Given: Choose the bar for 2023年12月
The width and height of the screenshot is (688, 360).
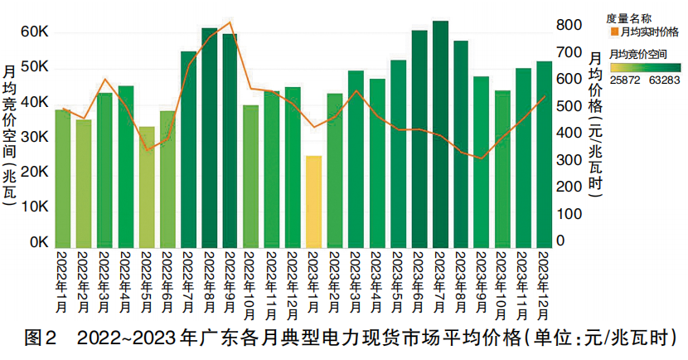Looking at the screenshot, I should click(x=545, y=154).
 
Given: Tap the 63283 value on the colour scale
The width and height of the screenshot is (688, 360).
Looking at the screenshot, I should click(x=666, y=80).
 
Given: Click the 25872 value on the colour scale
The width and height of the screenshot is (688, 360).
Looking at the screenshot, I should click(x=624, y=80).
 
